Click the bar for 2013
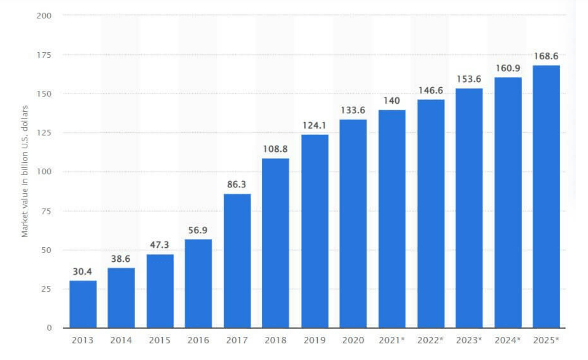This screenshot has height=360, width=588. coord(83,304)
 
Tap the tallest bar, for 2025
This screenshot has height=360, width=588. coord(546,196)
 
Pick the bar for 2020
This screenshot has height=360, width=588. coord(353,224)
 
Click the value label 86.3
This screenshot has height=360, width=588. coord(237,185)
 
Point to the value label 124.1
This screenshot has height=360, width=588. coord(314,125)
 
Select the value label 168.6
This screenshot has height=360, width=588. coord(546,57)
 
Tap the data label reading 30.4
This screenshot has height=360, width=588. coord(83,272)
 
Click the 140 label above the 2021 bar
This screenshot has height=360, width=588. coord(392,101)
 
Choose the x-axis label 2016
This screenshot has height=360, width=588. coord(198,340)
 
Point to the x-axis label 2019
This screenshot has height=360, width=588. coord(314,340)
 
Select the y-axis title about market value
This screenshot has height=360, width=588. coord(25,171)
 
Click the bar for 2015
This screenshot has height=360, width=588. coord(160,291)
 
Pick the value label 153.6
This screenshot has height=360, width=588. coord(469,79)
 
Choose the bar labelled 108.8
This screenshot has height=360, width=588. coord(276,243)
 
